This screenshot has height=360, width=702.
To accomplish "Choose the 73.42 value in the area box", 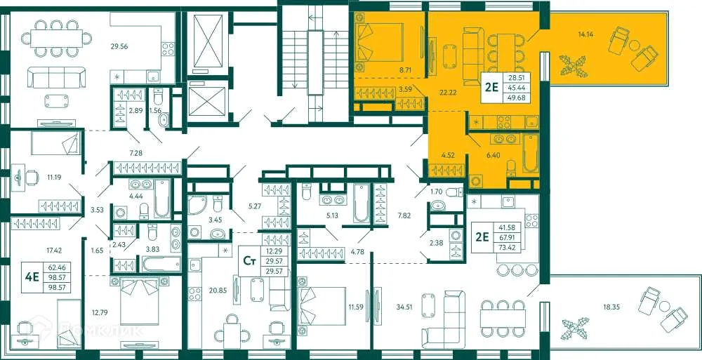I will click(524, 248).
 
